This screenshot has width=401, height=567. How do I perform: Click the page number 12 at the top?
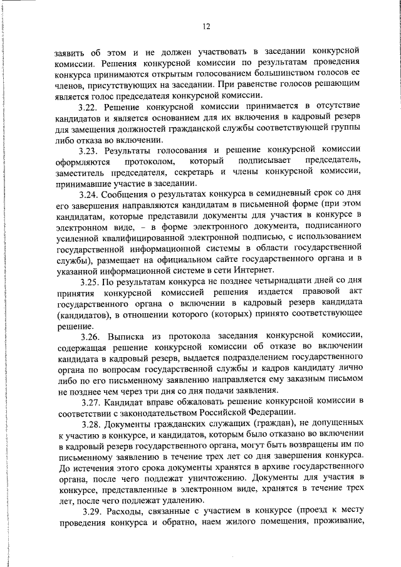click(x=206, y=26)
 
